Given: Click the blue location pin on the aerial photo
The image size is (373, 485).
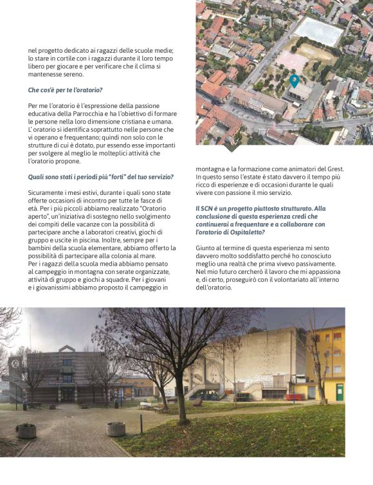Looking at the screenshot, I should click(x=294, y=80).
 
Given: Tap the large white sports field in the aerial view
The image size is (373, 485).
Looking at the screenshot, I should click(x=320, y=30).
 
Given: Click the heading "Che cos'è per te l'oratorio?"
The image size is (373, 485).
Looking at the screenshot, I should click(x=66, y=90).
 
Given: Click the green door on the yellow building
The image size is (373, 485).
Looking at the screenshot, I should click(x=339, y=392).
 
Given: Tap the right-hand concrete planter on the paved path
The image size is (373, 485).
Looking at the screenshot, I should click(x=116, y=429).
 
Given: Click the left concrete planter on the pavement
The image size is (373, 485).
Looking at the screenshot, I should click(x=26, y=430).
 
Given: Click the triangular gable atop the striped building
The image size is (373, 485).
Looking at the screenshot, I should click(x=67, y=351).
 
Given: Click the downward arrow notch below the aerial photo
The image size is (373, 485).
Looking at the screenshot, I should click(x=232, y=148).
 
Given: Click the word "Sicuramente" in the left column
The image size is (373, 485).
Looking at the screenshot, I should click(x=50, y=192).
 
